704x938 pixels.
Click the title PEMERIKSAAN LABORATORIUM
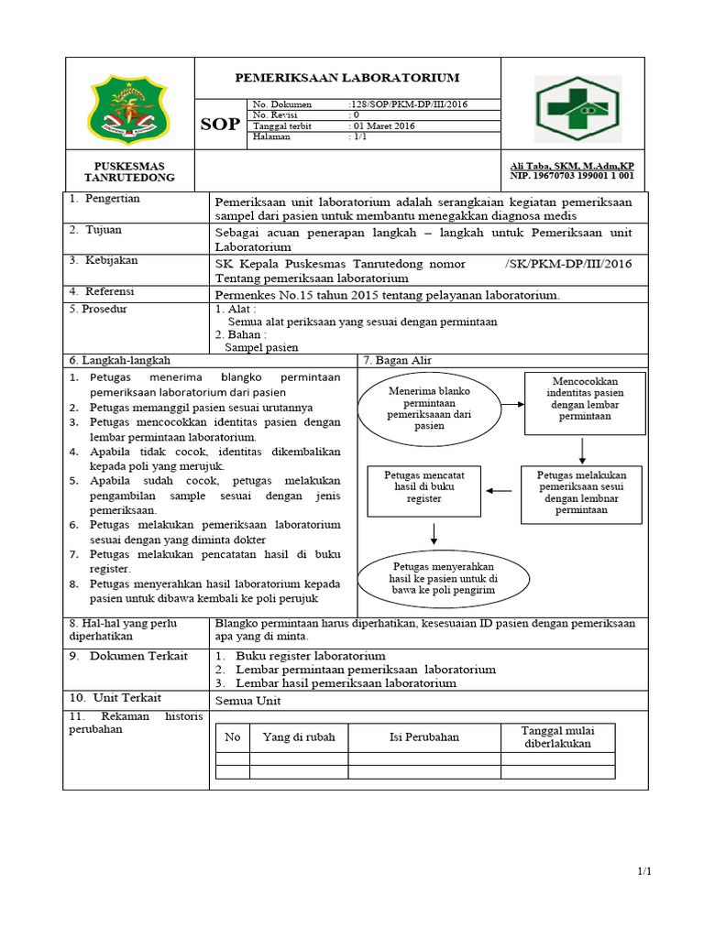[x=347, y=79]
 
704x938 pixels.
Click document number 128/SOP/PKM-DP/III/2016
[x=408, y=105]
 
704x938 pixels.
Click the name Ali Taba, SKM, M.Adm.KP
[x=572, y=166]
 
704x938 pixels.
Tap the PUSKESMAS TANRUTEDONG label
[x=128, y=171]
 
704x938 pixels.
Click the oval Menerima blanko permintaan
[x=429, y=409]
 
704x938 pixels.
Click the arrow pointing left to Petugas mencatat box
[x=500, y=491]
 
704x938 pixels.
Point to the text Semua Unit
[x=247, y=701]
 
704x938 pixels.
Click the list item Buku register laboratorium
[x=310, y=656]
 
